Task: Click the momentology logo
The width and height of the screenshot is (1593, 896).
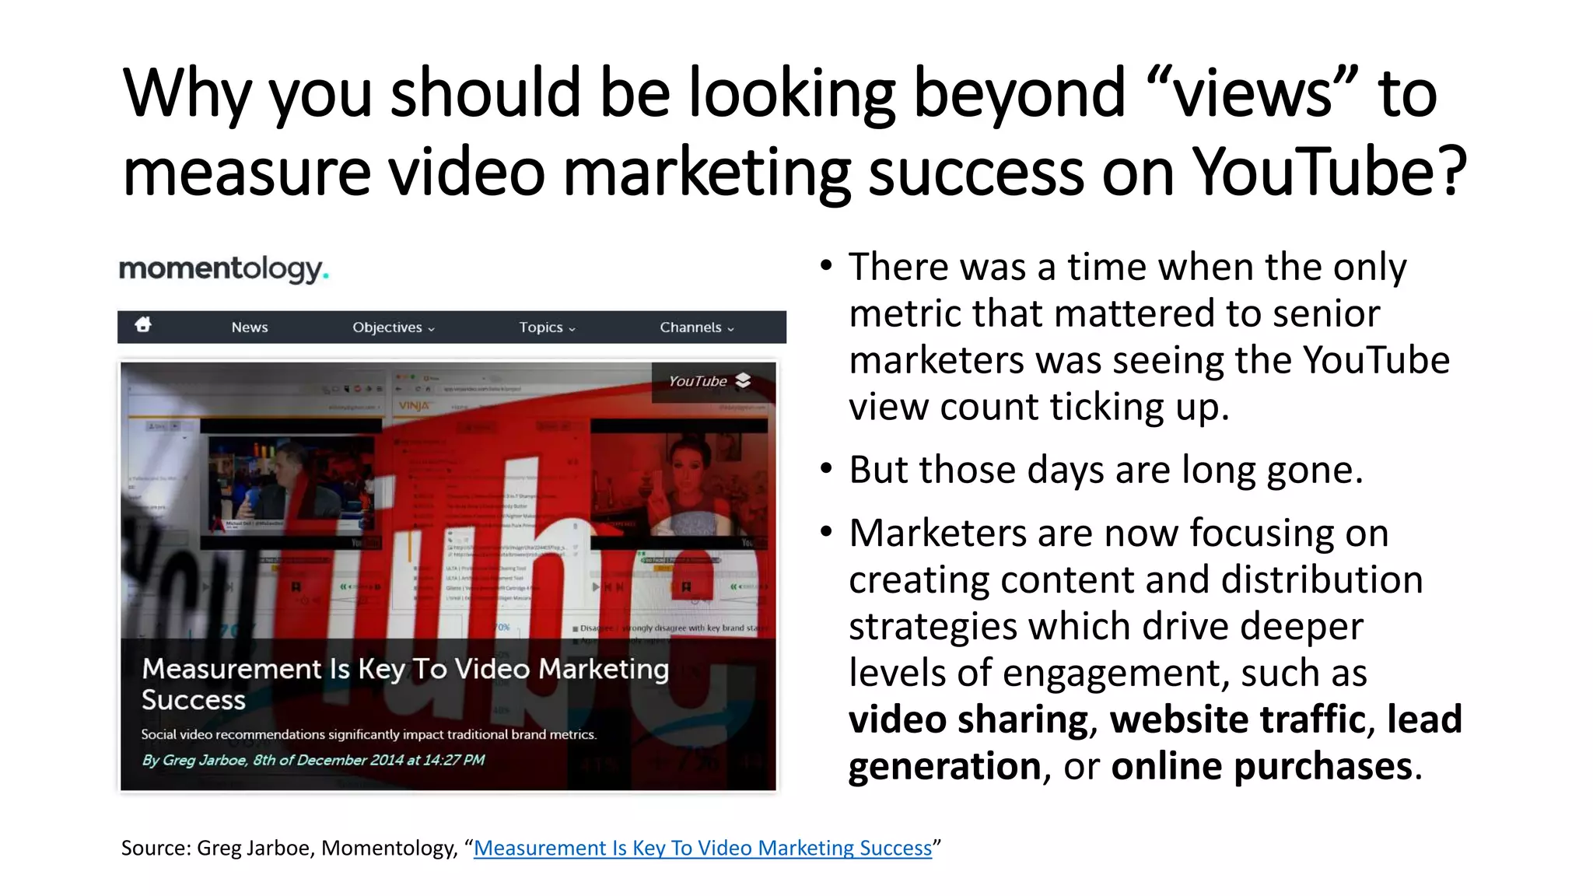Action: click(x=223, y=269)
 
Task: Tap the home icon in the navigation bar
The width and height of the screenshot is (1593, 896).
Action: click(x=143, y=325)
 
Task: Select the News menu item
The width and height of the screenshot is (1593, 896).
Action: click(x=250, y=327)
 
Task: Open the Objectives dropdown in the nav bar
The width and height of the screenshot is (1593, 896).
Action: click(x=393, y=327)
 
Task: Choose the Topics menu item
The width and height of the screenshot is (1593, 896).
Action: click(x=547, y=327)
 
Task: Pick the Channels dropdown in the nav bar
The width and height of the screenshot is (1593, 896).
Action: click(x=696, y=327)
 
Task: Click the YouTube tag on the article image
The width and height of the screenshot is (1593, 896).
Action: click(x=709, y=381)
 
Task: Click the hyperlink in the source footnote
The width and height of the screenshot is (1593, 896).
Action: click(x=702, y=848)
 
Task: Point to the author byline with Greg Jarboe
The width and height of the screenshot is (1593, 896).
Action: click(x=313, y=760)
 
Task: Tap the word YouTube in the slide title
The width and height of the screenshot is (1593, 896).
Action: click(x=1315, y=173)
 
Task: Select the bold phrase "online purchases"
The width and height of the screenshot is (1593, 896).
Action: click(x=1262, y=766)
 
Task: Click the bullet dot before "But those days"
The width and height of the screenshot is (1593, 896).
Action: click(x=826, y=469)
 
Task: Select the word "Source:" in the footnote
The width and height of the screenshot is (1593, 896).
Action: click(x=156, y=848)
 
